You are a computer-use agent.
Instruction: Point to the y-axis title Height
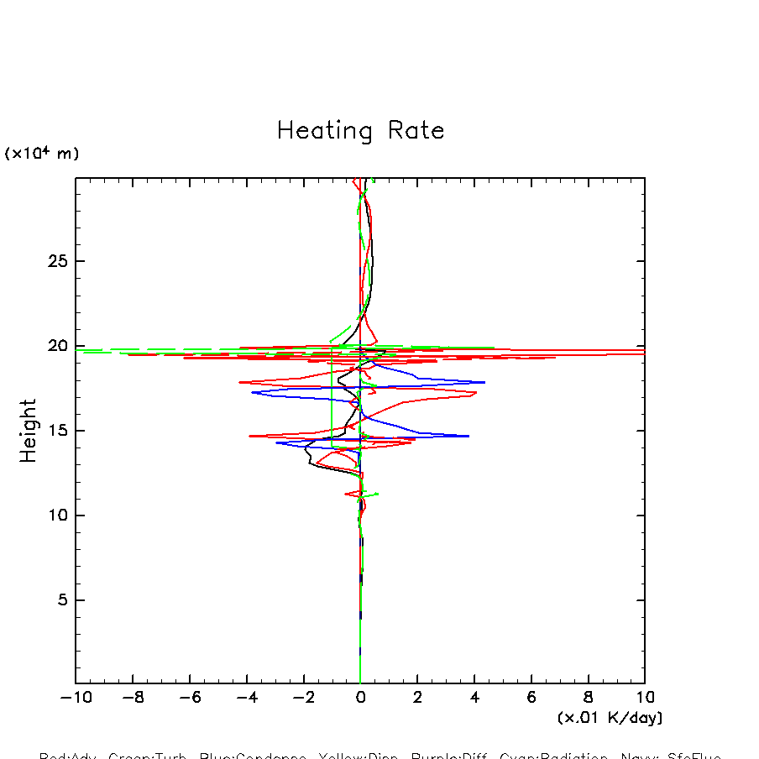click(29, 431)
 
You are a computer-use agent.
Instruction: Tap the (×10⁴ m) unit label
click(42, 154)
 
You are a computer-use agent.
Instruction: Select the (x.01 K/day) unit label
click(610, 718)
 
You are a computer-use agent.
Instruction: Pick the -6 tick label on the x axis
click(189, 698)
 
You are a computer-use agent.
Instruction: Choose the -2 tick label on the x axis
click(303, 698)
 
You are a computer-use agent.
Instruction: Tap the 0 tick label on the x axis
click(360, 698)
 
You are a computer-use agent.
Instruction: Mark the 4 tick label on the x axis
click(474, 698)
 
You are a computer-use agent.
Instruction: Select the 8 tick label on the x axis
click(588, 698)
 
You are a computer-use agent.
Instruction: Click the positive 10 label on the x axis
click(645, 698)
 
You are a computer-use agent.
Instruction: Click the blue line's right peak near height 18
click(484, 382)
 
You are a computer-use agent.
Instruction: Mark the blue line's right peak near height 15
click(468, 436)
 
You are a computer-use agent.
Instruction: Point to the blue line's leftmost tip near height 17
click(252, 392)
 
